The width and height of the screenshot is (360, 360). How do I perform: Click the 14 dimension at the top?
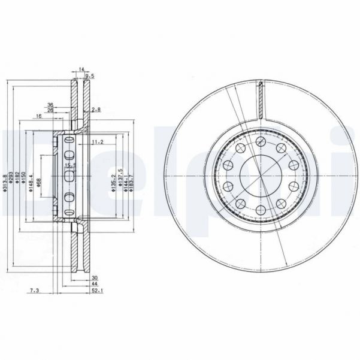tap(81, 69)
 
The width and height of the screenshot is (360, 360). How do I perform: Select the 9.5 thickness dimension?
tap(90, 77)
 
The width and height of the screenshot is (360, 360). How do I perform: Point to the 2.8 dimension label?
tap(96, 110)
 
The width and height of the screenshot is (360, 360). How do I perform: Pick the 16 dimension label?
tap(38, 116)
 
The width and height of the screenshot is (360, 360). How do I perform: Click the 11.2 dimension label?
tap(98, 142)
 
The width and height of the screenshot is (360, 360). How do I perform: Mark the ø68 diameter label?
tap(38, 183)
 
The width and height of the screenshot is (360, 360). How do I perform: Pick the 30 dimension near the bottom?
tap(95, 277)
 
